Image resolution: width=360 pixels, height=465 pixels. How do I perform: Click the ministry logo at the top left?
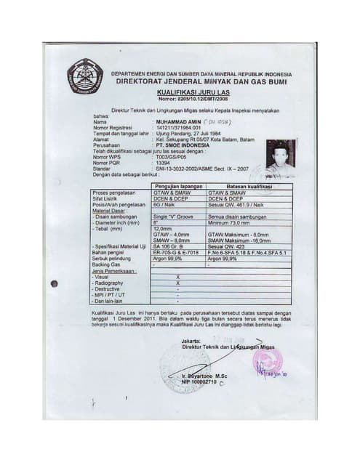click(84, 74)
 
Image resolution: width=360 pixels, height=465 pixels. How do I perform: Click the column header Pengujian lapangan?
click(177, 186)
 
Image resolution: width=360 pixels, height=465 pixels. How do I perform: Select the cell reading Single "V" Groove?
click(175, 216)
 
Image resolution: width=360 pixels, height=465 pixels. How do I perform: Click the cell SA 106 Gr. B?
click(169, 247)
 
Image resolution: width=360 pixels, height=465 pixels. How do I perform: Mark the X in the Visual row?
click(178, 277)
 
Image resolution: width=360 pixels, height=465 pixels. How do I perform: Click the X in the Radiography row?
click(178, 283)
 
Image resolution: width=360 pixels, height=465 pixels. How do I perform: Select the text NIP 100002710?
click(200, 381)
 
